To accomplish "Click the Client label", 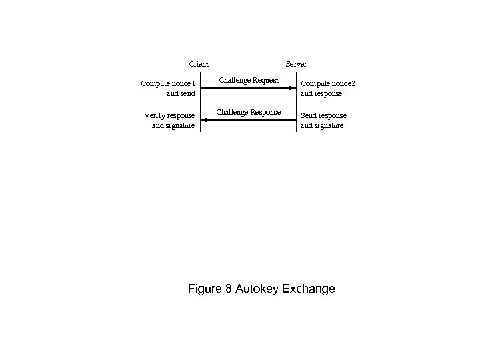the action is coord(199,64).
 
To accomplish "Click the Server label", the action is coord(296,64).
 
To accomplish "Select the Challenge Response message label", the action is coord(249,111).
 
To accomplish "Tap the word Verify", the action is coord(155,115).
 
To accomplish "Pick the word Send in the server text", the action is coord(309,115).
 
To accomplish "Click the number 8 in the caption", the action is coord(231,289).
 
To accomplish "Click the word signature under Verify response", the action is coord(180,125).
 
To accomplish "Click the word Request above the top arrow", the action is coord(265,80).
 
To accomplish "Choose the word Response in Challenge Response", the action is coord(265,111).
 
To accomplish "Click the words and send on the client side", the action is coord(181,93).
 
